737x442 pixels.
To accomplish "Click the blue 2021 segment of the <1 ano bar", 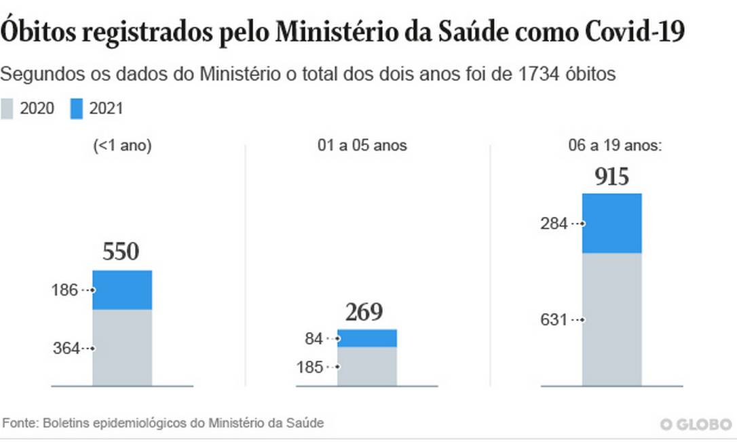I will pos(122,289).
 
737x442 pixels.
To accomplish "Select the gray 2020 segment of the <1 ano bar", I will pos(122,347).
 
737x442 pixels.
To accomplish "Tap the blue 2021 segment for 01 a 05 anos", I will pos(367,338).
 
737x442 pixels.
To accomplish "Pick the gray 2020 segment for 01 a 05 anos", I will pos(367,366).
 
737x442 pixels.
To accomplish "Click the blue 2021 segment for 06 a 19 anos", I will pos(611,223).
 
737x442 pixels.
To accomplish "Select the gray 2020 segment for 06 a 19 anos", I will pos(611,319).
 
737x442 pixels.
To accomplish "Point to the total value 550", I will pos(121,252).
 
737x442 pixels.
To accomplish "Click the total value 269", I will pos(364,313).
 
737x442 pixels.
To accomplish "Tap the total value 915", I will pos(611,177).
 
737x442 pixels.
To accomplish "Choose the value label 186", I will pos(65,290).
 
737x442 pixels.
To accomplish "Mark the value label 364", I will pos(66,349).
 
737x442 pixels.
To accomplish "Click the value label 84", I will pos(314,338).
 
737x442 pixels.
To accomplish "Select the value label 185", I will pos(310,367).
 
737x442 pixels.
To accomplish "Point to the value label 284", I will pos(554,223).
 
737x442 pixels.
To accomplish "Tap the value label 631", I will pos(554,319).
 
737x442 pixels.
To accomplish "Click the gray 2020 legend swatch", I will pos(7,108).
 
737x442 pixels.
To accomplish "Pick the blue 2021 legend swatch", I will pos(77,108).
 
